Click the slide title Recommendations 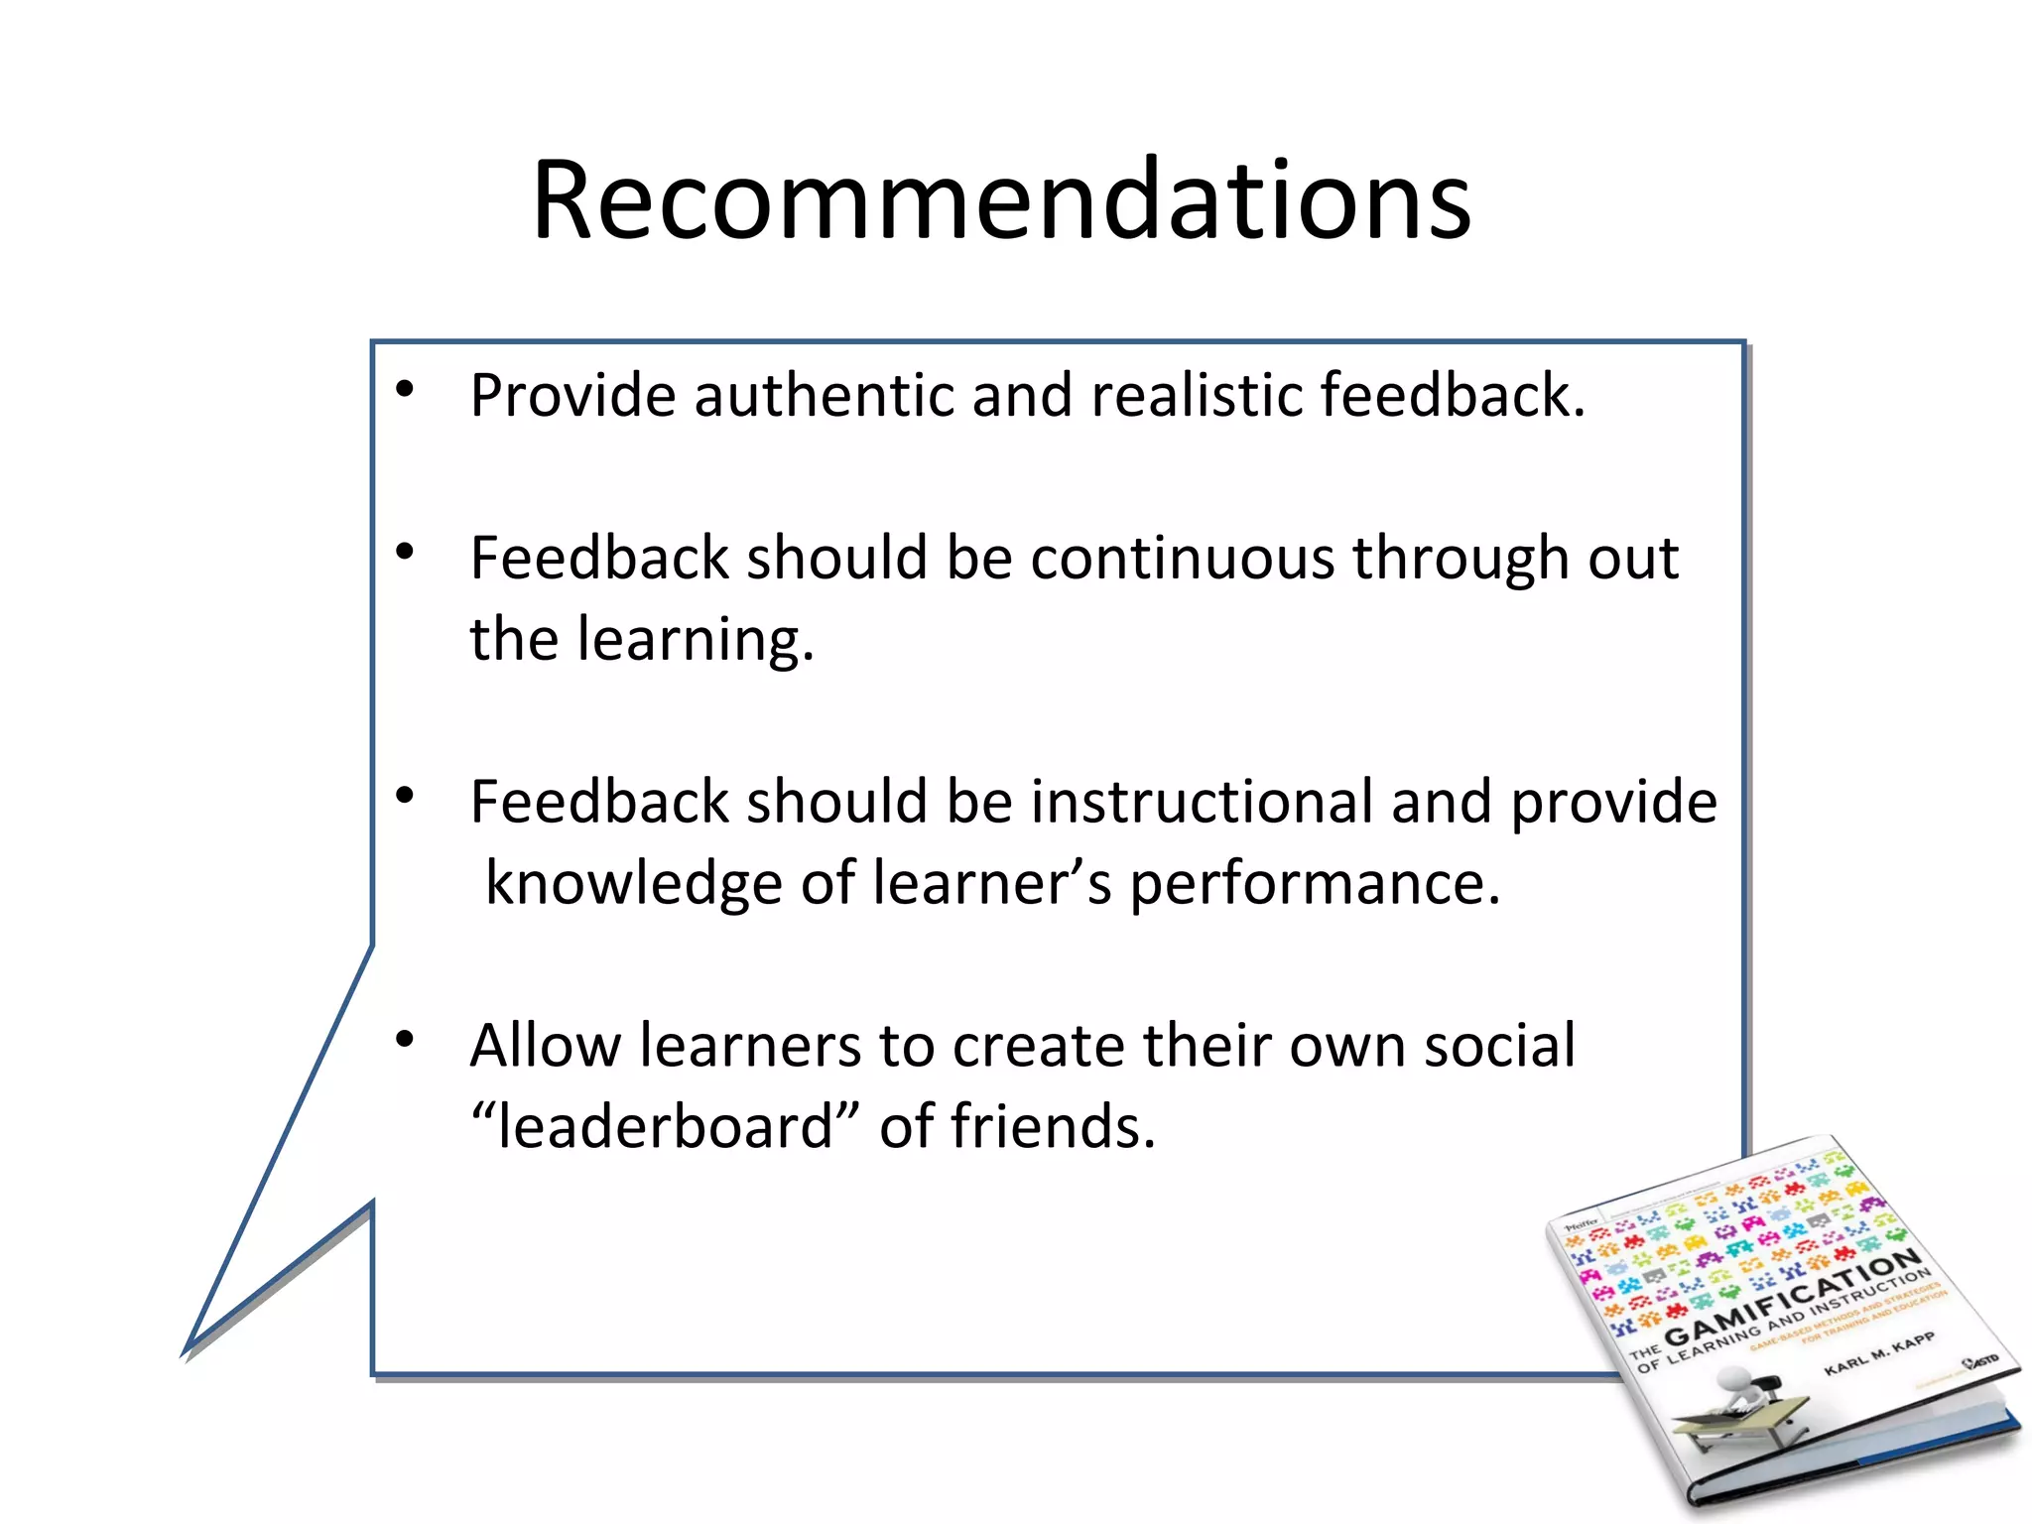(1001, 200)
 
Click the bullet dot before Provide (404, 390)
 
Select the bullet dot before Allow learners (404, 1040)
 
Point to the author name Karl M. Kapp (1879, 1353)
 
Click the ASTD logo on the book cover (1981, 1361)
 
